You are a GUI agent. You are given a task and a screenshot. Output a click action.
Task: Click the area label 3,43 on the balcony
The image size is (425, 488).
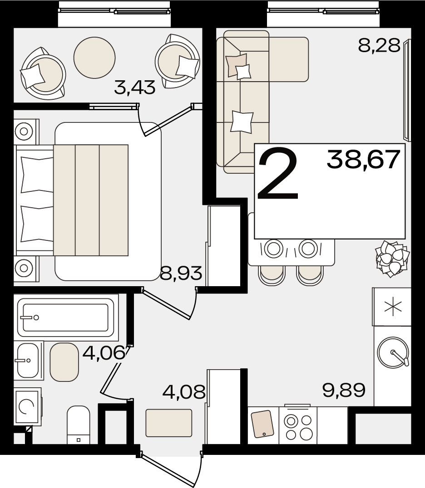click(134, 88)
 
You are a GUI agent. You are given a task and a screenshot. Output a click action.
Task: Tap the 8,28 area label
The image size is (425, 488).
click(379, 46)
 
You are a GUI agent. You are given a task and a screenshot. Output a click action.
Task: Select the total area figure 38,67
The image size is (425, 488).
click(363, 159)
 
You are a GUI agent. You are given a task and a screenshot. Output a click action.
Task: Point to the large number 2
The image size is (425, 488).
click(277, 174)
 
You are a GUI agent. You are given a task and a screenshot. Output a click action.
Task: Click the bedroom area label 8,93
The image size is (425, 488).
click(181, 273)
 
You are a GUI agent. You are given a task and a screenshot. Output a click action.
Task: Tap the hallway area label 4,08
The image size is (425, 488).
click(184, 391)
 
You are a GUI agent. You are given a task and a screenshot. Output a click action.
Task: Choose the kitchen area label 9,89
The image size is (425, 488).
click(344, 390)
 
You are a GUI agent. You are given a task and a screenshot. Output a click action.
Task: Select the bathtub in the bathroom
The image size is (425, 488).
click(66, 317)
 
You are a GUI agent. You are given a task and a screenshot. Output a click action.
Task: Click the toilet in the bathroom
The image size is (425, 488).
click(79, 425)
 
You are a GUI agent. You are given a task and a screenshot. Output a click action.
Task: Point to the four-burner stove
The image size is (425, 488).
click(298, 425)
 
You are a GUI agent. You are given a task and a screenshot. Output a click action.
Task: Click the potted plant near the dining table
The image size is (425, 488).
click(392, 258)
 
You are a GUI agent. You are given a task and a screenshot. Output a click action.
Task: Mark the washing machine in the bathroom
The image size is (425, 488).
click(27, 406)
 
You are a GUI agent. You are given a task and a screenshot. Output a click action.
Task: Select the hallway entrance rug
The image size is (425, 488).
click(168, 423)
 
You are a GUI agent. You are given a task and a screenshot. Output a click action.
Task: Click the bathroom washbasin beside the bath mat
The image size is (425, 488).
click(28, 361)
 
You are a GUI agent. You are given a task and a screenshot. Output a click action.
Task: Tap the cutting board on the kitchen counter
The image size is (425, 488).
click(262, 424)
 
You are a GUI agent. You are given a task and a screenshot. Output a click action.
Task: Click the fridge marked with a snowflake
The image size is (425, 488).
click(392, 307)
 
